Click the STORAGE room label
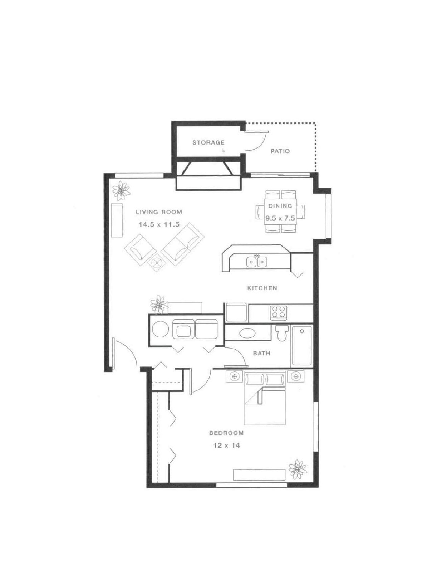pyautogui.click(x=208, y=142)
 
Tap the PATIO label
pyautogui.click(x=280, y=151)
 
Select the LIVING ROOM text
pyautogui.click(x=159, y=212)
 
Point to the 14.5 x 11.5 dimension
pyautogui.click(x=159, y=224)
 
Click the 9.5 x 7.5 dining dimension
pyautogui.click(x=280, y=219)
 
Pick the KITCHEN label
pyautogui.click(x=262, y=288)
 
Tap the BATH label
pyautogui.click(x=261, y=353)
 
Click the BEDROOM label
pyautogui.click(x=226, y=433)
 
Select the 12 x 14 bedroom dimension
pyautogui.click(x=227, y=445)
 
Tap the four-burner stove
pyautogui.click(x=279, y=312)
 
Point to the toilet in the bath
pyautogui.click(x=281, y=333)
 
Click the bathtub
pyautogui.click(x=302, y=345)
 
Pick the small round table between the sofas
pyautogui.click(x=157, y=262)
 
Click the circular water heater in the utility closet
pyautogui.click(x=160, y=329)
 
